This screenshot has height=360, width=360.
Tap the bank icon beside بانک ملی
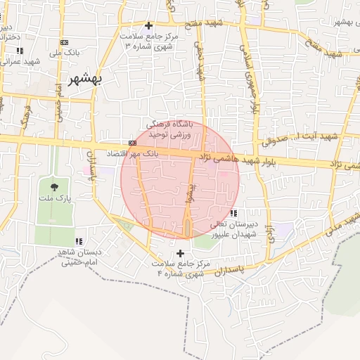coord(65,43)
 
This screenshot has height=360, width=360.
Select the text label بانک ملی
coord(72,53)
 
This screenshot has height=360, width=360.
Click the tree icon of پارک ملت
coord(54,186)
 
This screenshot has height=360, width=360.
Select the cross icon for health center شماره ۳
coord(148,25)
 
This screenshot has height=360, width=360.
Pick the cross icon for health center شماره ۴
coord(181,252)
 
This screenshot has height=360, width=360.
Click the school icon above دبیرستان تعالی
coord(233,213)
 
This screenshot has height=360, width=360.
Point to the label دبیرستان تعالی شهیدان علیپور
coord(234,229)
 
